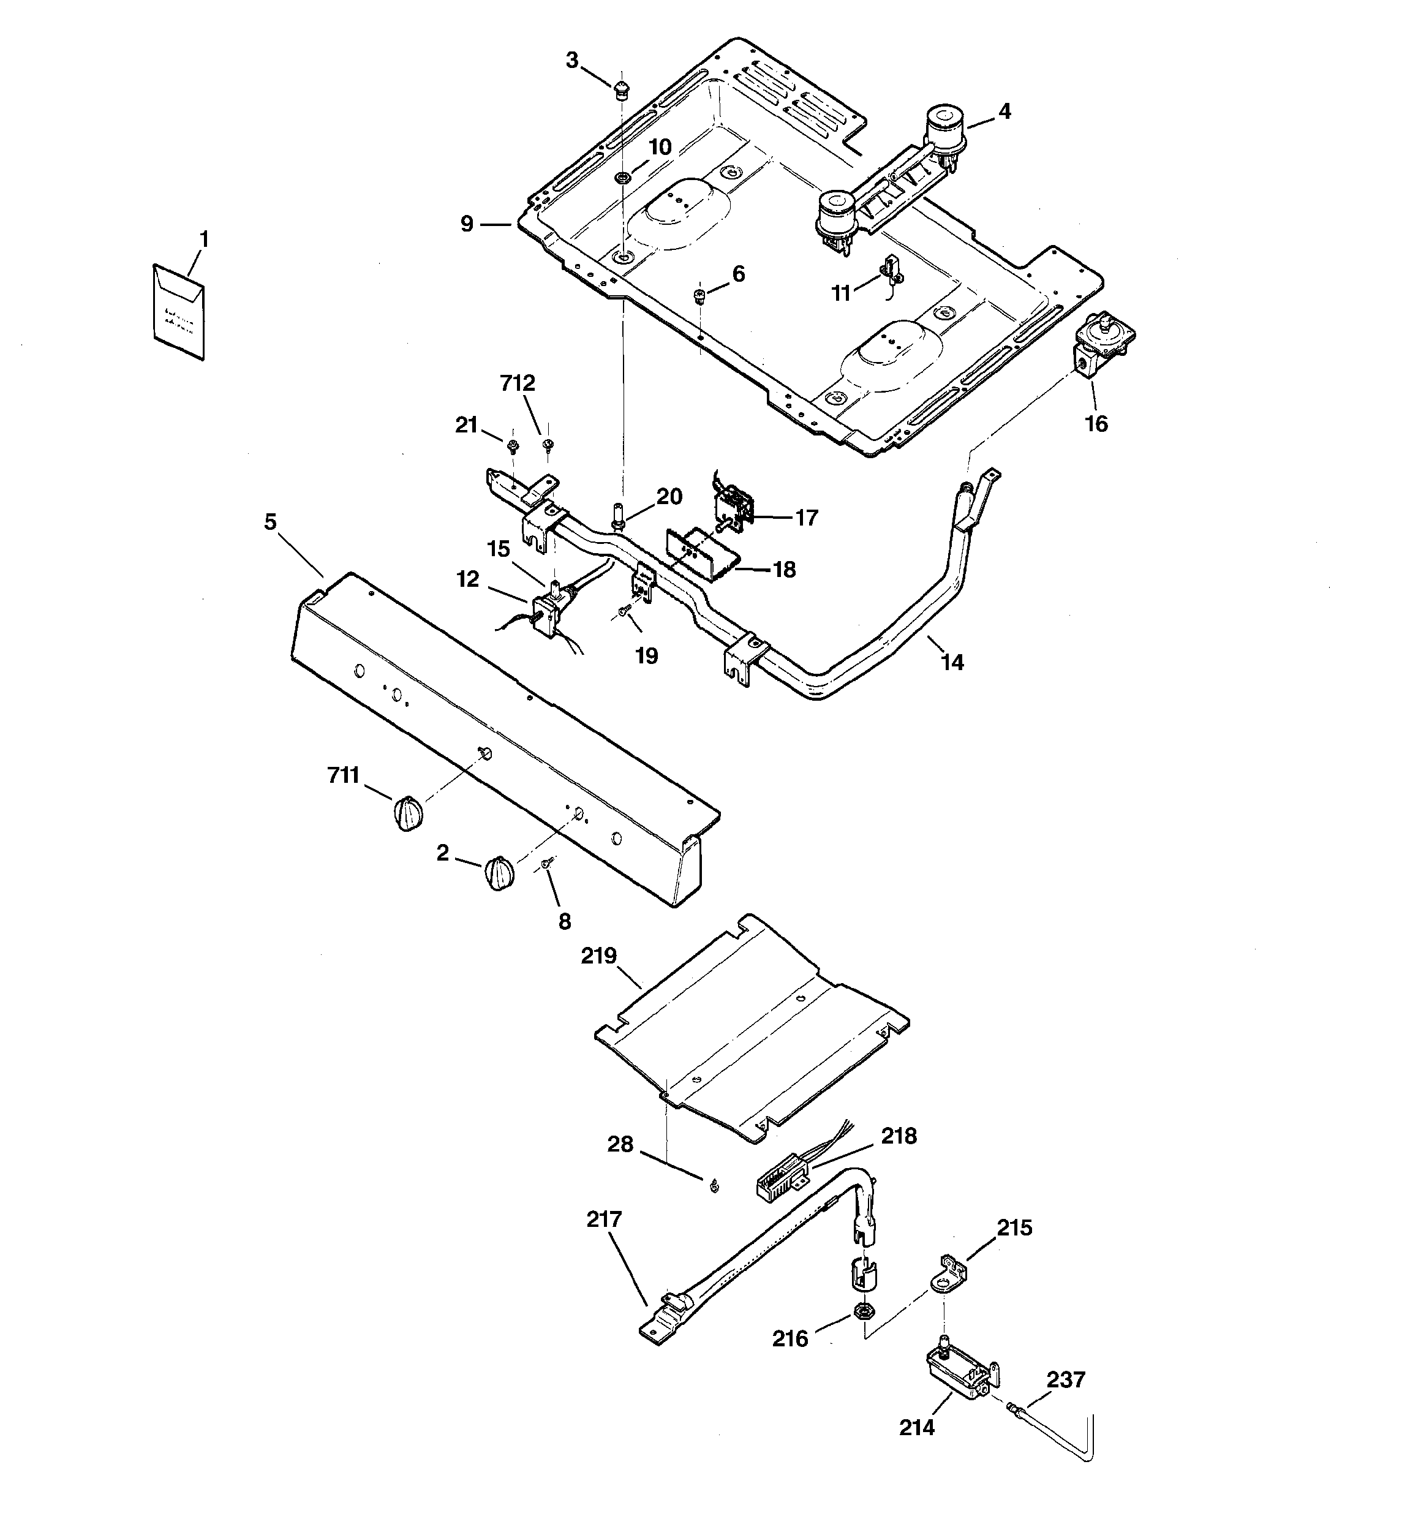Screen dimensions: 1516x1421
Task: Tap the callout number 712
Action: [518, 383]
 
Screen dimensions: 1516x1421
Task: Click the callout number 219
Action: [599, 956]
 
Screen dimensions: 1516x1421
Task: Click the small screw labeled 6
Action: [699, 295]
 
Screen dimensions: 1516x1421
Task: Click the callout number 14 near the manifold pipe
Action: [952, 663]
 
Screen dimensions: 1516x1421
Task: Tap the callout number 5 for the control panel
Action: [271, 522]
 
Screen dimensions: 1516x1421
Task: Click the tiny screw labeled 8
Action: [547, 864]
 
